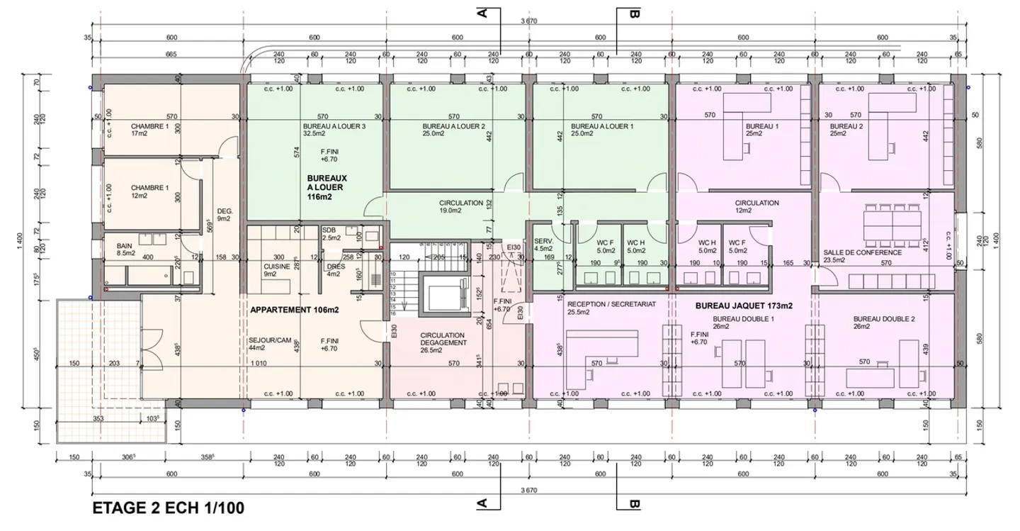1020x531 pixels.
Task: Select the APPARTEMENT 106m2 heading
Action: [x=295, y=311]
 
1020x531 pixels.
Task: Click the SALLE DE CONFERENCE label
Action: [x=862, y=252]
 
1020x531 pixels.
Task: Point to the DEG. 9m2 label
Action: [x=225, y=215]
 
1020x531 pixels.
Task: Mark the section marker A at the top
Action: [x=482, y=13]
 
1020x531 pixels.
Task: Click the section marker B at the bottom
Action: [x=634, y=505]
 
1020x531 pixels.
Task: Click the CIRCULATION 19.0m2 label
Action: [x=460, y=206]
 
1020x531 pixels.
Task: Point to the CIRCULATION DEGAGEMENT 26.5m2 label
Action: [x=442, y=342]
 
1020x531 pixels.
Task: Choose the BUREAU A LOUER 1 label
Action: [x=596, y=128]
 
